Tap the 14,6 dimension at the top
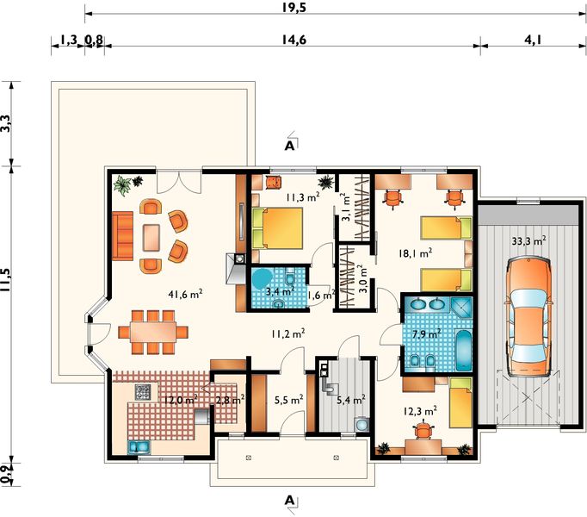click(293, 38)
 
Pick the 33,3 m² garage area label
click(528, 243)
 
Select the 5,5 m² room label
click(287, 400)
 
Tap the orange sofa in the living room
click(120, 235)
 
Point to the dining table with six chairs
click(152, 331)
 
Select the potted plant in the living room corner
click(124, 183)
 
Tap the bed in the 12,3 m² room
click(460, 402)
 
